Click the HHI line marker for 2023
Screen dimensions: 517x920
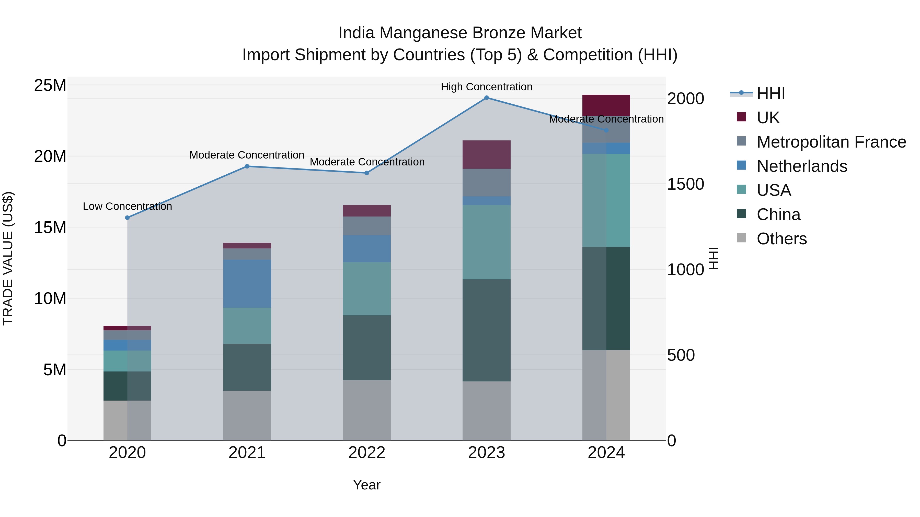(486, 98)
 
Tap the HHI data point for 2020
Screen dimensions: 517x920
(128, 218)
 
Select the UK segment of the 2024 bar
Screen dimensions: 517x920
(606, 105)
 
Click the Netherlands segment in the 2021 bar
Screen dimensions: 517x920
(247, 284)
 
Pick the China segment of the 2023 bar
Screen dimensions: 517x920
(486, 330)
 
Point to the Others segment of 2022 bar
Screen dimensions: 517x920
(367, 410)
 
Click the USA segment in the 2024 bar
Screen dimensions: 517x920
(606, 200)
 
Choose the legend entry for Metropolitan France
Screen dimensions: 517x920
(831, 142)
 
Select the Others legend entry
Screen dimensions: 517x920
(781, 239)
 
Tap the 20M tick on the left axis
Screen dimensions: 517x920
(50, 156)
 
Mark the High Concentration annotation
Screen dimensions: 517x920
(486, 87)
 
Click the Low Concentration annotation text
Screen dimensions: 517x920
(128, 206)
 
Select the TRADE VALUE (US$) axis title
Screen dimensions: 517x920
(8, 259)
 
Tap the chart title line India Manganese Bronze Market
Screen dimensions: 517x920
(460, 33)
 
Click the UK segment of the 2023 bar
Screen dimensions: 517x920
(486, 154)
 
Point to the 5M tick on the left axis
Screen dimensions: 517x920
(55, 370)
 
